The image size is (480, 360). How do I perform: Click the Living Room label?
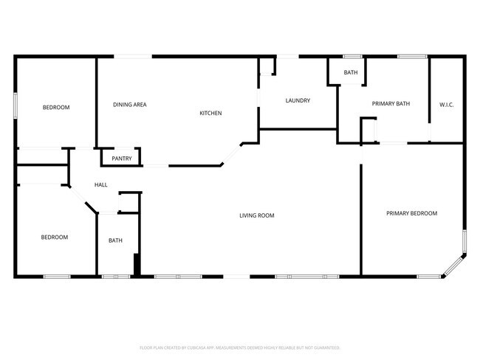coord(257,215)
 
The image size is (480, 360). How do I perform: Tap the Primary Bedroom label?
coord(411,213)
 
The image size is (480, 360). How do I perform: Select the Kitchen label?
coord(210,113)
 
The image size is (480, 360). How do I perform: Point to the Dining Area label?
coord(129,105)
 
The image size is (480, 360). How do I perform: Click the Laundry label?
coord(298,100)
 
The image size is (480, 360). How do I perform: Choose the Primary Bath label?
coord(391,104)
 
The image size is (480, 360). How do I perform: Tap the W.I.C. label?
coord(446,105)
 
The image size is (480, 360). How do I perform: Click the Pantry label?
coord(122,159)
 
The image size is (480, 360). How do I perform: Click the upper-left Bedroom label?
coord(55,108)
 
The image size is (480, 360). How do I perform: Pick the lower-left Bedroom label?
coord(54,237)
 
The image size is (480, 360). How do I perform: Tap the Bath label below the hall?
coord(116,240)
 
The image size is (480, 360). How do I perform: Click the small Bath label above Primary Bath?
coord(350,72)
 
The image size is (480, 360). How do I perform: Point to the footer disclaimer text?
coord(240,347)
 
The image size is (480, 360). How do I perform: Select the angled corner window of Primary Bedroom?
coord(453,267)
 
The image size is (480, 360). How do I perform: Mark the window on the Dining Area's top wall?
coord(132,56)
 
